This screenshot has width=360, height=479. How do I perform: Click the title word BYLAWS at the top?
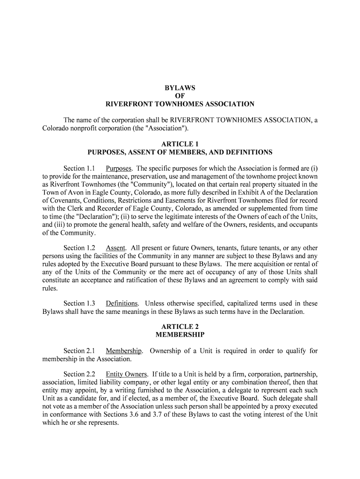coord(180,88)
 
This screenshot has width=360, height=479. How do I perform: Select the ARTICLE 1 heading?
coord(180,144)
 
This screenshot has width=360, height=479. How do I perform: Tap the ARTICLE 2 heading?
coord(180,327)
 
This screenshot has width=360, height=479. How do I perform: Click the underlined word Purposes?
coord(119,168)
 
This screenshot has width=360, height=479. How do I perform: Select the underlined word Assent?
coord(116,248)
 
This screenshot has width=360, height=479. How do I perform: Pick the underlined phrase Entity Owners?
coord(126,374)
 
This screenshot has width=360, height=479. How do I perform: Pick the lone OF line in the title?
coord(180,96)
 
